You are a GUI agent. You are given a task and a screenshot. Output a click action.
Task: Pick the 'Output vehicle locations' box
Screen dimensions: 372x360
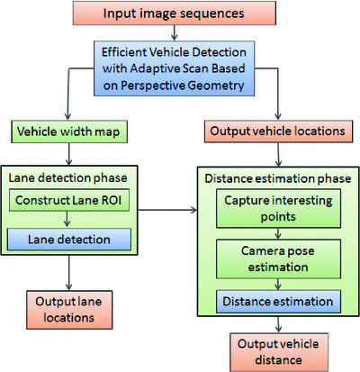(278, 132)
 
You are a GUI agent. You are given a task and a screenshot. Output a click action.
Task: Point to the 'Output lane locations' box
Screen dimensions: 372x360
(67, 309)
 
